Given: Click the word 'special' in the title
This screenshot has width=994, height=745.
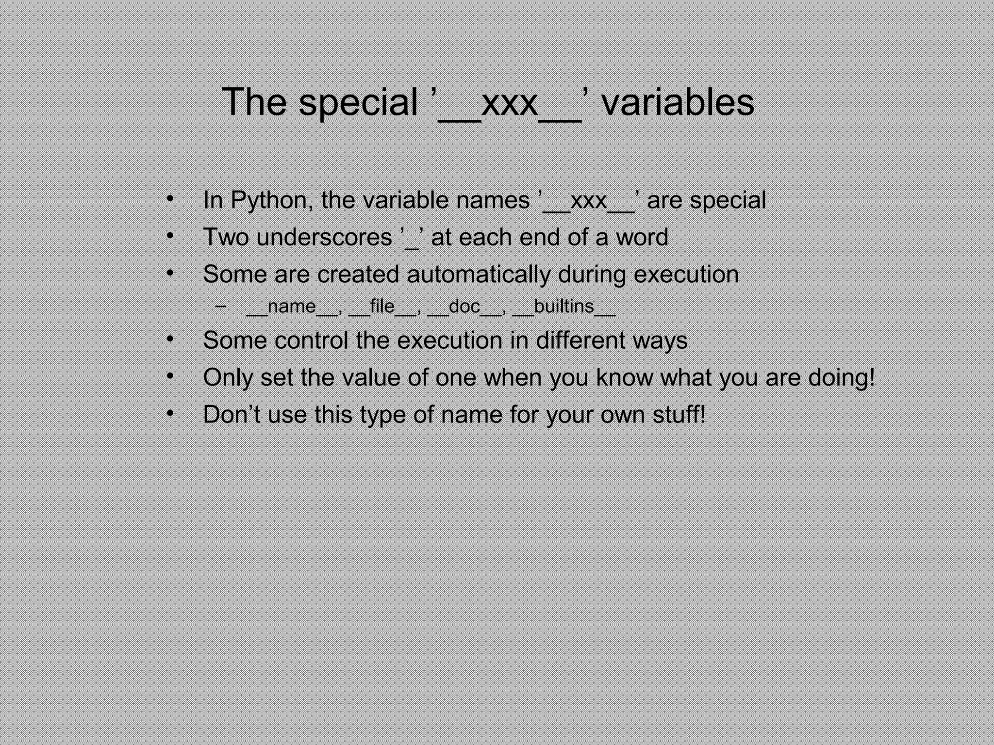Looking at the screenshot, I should click(x=358, y=102).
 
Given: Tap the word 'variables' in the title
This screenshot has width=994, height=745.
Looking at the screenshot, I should click(x=678, y=102).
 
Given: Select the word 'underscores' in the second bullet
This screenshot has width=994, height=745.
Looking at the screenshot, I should click(x=324, y=237).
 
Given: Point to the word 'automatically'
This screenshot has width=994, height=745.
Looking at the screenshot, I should click(x=479, y=275).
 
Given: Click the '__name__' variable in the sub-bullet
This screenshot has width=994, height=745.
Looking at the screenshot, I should click(x=292, y=307).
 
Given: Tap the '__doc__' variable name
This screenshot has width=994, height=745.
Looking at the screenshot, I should click(x=464, y=307).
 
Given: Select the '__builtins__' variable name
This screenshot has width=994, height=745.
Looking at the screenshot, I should click(x=564, y=307).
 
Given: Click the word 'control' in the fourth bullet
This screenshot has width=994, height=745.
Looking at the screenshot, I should click(x=311, y=340).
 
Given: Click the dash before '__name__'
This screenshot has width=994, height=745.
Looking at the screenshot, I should click(x=221, y=307).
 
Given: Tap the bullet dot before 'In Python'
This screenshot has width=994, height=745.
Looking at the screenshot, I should click(x=169, y=199).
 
